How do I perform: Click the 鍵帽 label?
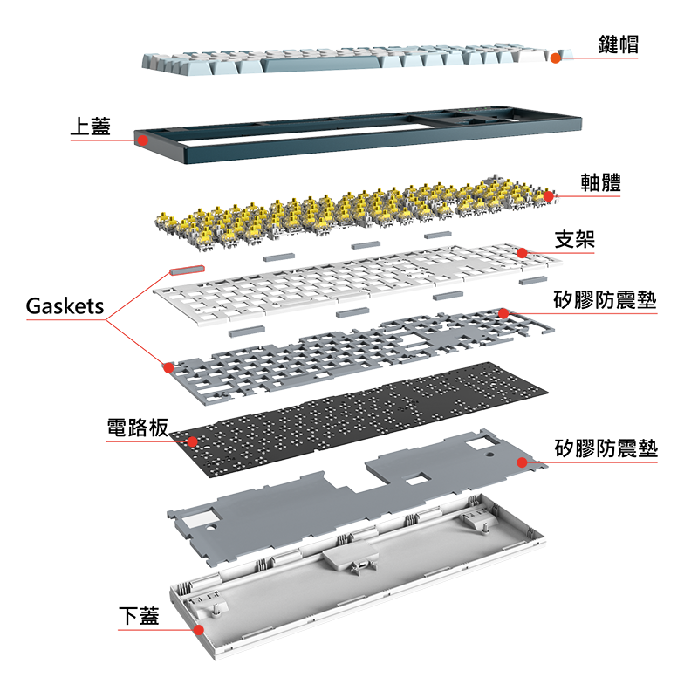point(618,44)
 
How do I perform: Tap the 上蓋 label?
point(91,127)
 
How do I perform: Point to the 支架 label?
point(575,239)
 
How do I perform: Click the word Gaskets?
point(65,306)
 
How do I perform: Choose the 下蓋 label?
point(139,616)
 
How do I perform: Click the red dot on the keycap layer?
point(555,58)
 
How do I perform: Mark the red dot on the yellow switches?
point(549,196)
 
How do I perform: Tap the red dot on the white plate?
point(521,253)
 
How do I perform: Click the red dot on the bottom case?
point(199,629)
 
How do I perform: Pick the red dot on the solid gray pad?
point(523,462)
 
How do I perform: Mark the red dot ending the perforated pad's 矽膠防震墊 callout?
point(503,313)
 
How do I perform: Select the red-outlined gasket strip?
point(187,270)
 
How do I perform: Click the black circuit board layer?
point(349,410)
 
